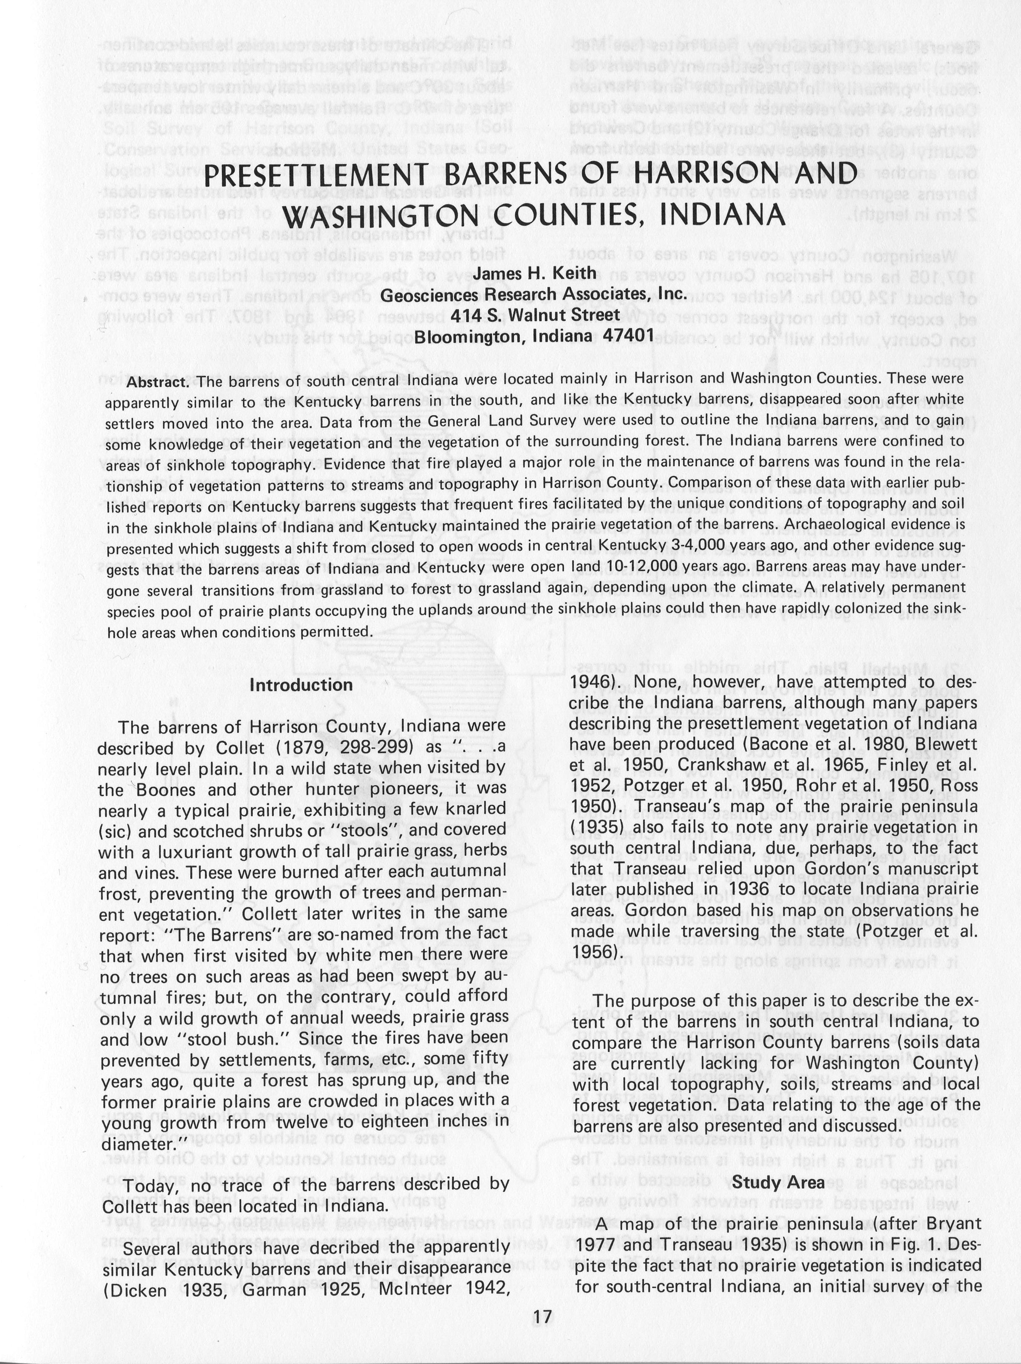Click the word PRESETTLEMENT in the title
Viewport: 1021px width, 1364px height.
click(316, 175)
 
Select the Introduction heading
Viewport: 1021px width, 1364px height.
click(301, 685)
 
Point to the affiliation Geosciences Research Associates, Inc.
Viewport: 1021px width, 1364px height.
click(533, 294)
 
